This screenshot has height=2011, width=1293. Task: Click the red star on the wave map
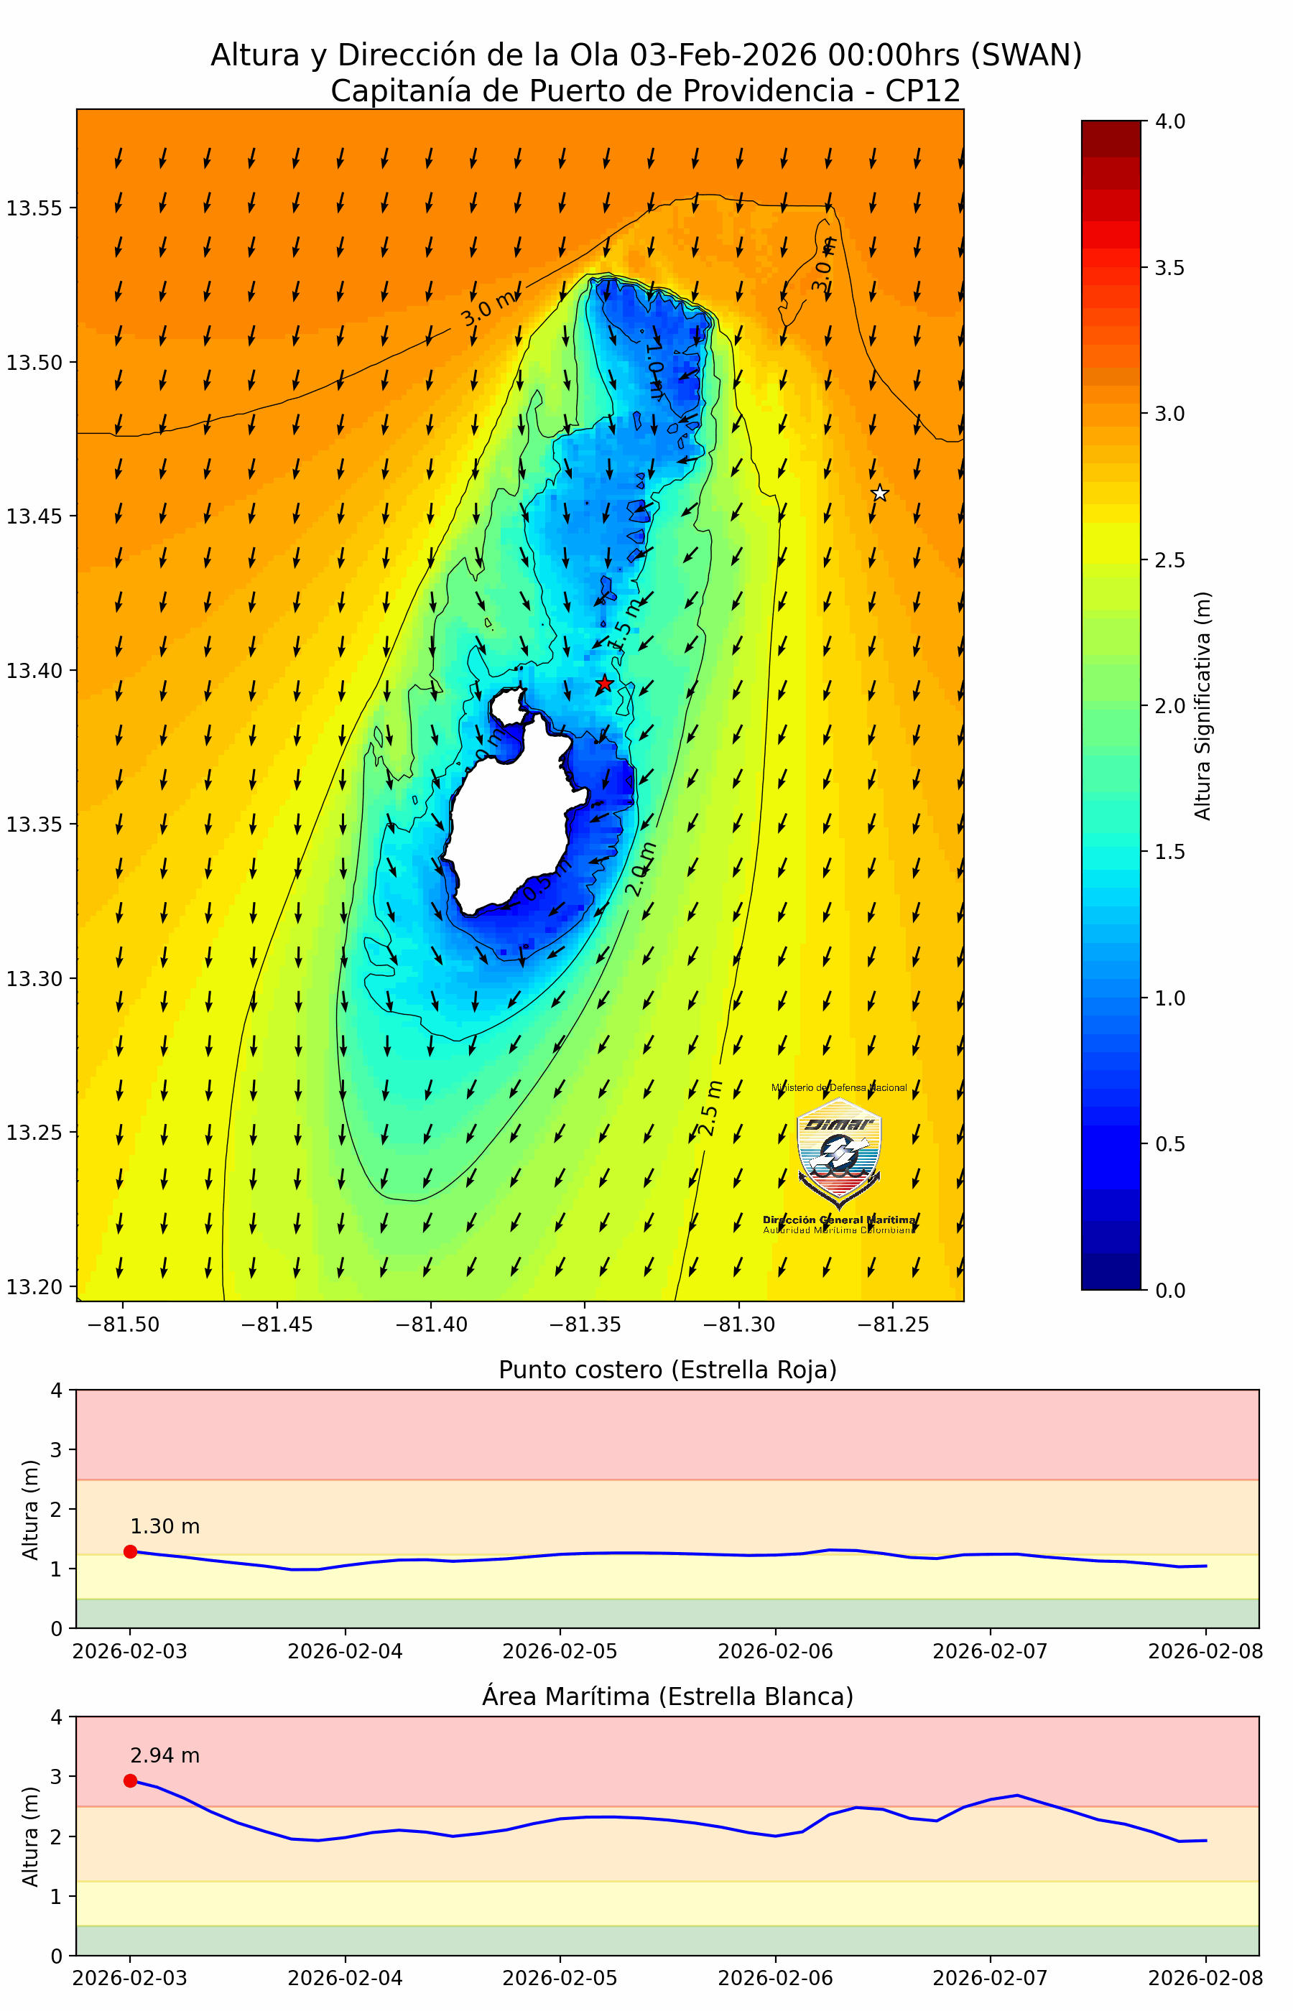point(605,683)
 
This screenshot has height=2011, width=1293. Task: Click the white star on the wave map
point(879,493)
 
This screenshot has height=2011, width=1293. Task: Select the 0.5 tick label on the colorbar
point(1169,1144)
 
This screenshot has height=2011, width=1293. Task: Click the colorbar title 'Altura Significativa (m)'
point(1202,706)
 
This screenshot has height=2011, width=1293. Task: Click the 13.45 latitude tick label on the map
point(34,516)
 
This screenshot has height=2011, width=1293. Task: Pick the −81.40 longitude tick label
point(431,1324)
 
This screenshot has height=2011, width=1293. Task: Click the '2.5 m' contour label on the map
point(710,1109)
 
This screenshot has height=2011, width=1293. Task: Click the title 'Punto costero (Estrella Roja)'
point(667,1370)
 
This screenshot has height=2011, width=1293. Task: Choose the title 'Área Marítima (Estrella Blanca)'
point(667,1696)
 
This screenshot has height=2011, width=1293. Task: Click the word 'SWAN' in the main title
point(1025,55)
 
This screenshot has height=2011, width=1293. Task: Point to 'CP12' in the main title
point(923,90)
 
